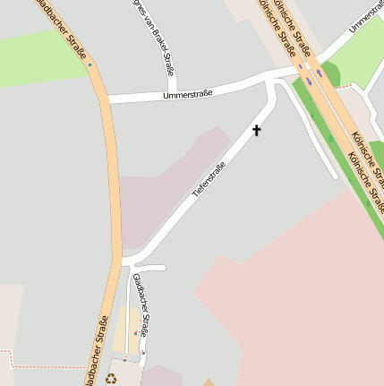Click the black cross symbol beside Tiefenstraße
tap(257, 131)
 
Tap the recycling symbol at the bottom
tap(112, 378)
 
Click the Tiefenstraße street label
tap(209, 179)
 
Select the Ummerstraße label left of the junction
tap(188, 91)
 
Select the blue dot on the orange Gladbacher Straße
tap(90, 64)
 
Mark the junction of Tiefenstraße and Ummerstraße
tap(270, 82)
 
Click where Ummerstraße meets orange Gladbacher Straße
tap(105, 98)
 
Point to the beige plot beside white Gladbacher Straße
tap(125, 327)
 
